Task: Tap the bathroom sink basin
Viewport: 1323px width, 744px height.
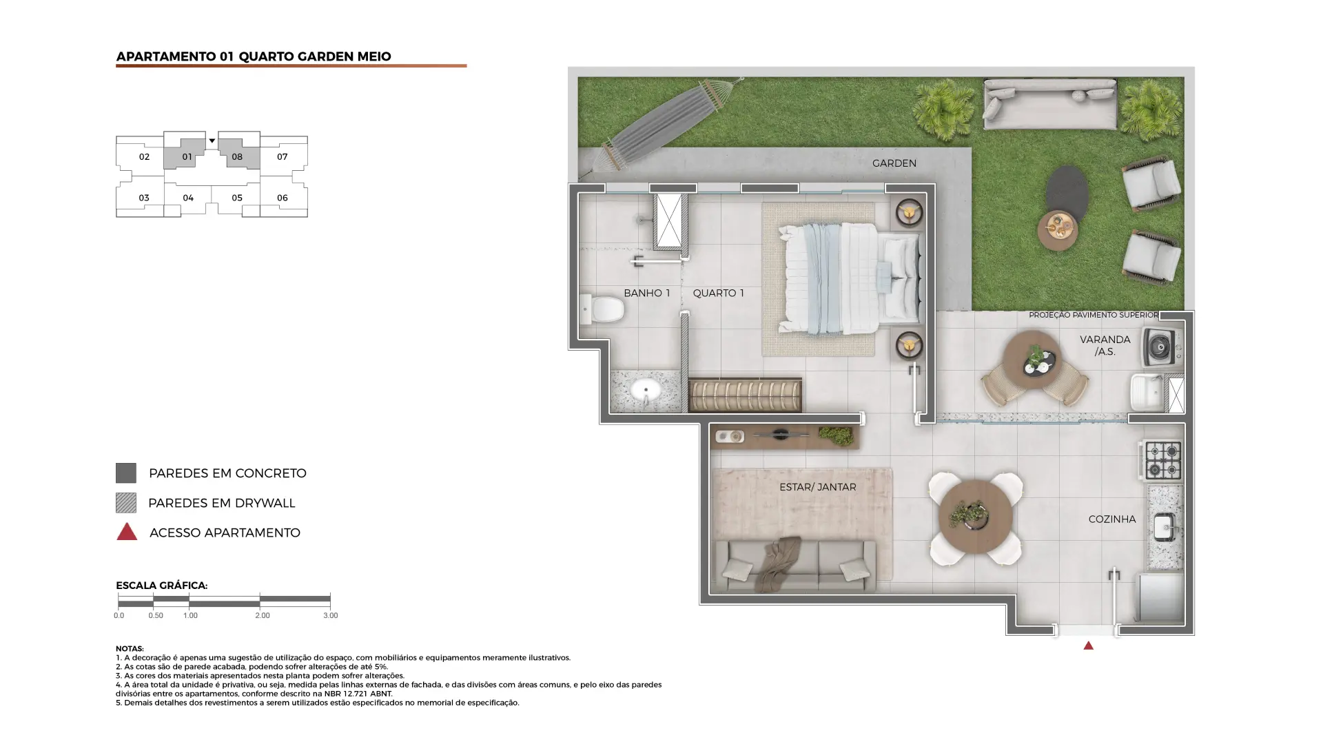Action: click(646, 390)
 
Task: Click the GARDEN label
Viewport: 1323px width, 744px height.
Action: click(894, 163)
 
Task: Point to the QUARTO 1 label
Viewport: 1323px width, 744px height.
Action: click(718, 293)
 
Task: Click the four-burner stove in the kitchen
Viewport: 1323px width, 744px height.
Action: click(1163, 460)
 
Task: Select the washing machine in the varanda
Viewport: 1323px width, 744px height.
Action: click(1162, 347)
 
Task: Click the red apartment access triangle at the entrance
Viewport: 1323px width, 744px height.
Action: click(1088, 645)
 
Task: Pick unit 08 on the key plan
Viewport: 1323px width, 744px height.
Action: click(236, 156)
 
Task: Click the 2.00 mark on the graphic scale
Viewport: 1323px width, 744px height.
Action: click(262, 615)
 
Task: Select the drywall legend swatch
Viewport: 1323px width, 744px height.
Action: click(125, 503)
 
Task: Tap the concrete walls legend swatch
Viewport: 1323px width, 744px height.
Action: click(125, 473)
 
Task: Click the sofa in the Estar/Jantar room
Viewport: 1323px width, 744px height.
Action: click(795, 565)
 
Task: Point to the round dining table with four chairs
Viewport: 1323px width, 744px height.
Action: click(975, 518)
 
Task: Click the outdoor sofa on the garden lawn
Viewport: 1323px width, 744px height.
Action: click(1049, 103)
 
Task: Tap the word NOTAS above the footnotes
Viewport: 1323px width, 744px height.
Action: click(130, 649)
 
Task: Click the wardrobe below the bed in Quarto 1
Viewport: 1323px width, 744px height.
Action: click(745, 395)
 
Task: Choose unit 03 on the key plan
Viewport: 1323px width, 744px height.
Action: click(143, 198)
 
